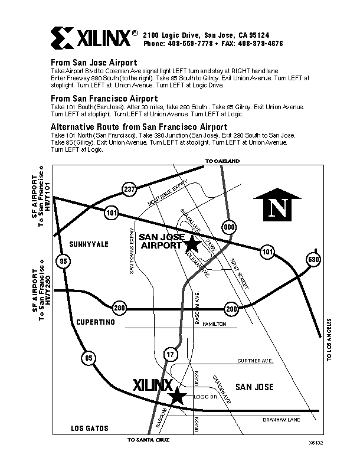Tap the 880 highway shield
229,226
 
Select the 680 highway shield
313,259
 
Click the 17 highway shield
171,354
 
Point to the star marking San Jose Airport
192,243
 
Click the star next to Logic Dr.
177,396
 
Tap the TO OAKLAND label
222,161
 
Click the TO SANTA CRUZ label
152,440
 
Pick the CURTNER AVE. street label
254,360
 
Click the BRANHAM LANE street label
282,419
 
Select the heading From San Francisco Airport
104,98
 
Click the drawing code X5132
316,442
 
